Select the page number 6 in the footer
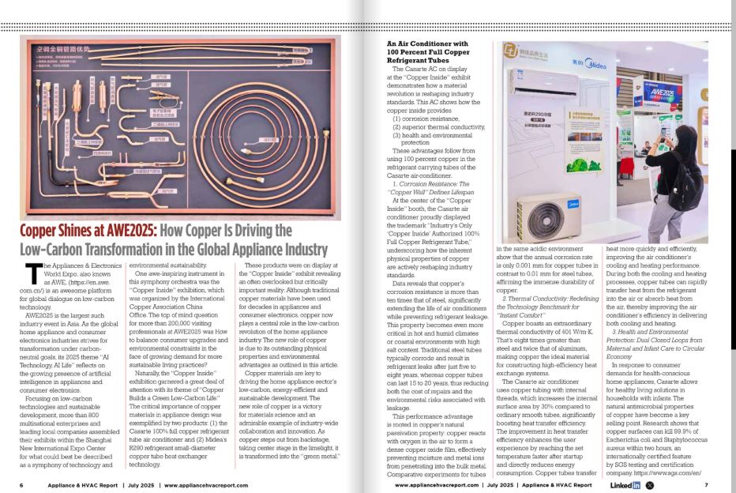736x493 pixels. coord(21,484)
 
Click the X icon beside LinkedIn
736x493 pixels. coord(651,484)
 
